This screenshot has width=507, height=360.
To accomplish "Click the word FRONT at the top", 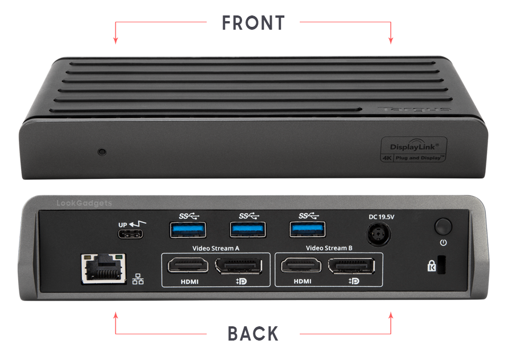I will (253, 23).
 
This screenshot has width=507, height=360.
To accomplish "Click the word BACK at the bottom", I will (253, 334).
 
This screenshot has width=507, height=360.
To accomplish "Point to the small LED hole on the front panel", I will (102, 152).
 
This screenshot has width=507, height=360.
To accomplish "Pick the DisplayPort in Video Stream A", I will (238, 266).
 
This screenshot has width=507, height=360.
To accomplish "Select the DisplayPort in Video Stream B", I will (351, 266).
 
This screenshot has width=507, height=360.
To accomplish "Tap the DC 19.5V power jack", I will (381, 235).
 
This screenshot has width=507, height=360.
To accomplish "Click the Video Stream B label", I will (329, 248).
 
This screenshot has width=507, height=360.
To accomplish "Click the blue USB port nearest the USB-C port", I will (188, 230).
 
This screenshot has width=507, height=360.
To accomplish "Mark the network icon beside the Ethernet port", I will (138, 280).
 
